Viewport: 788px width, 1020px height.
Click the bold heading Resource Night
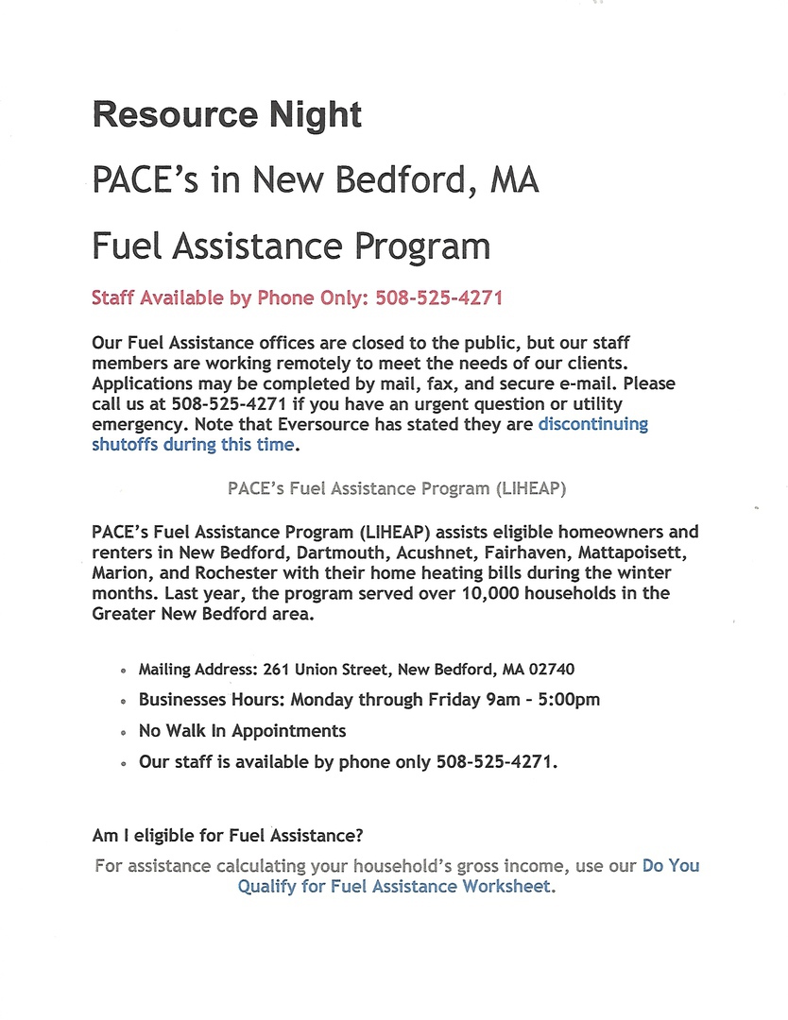[227, 115]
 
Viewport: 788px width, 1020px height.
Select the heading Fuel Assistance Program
[291, 246]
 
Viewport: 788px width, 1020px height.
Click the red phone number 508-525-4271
[438, 298]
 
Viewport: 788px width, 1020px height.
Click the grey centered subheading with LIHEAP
[397, 488]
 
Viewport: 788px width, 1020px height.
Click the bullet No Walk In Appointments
[242, 731]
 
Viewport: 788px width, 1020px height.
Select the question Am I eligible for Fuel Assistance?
[228, 836]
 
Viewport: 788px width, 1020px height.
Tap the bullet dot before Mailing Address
[124, 671]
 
